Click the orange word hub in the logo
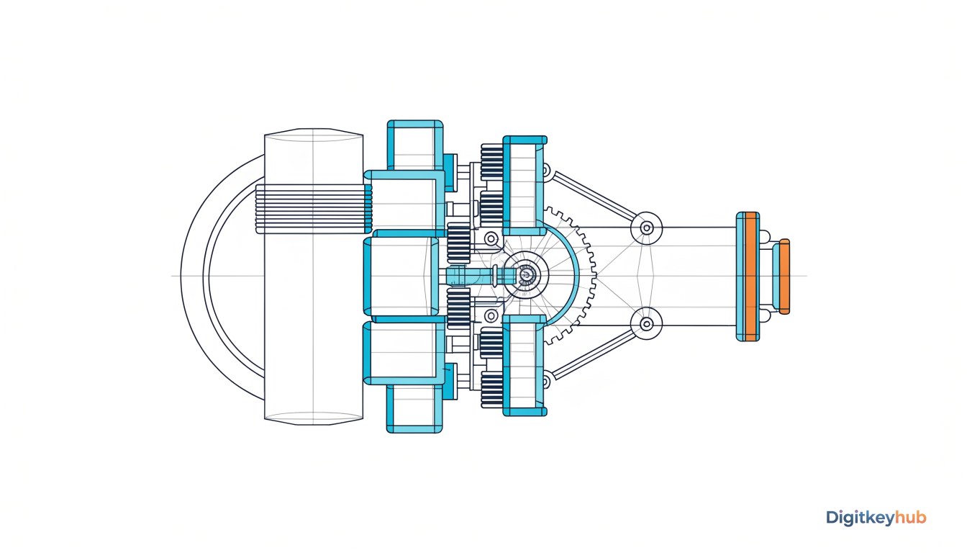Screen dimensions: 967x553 pos(910,517)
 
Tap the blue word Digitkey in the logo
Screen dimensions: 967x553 pos(861,518)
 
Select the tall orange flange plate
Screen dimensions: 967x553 pos(752,276)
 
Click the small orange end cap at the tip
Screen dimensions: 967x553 pos(785,276)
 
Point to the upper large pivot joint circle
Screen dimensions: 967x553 pos(646,228)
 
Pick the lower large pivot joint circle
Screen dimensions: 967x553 pos(646,323)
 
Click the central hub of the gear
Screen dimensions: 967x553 pos(526,274)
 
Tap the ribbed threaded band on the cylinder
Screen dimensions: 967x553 pos(314,209)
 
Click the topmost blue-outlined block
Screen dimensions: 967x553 pos(415,145)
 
